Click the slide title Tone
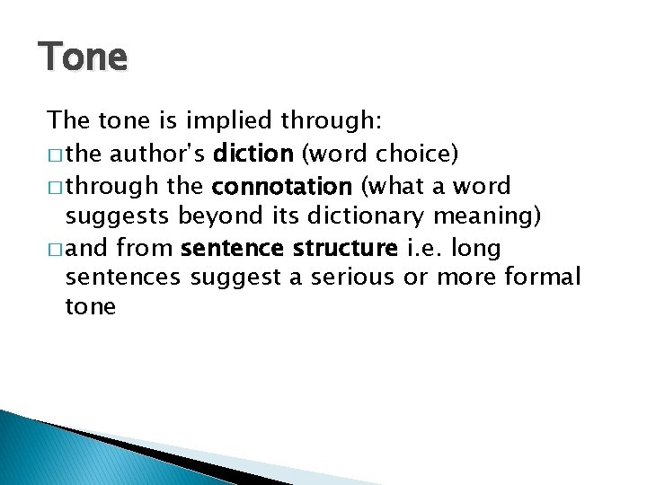point(84,57)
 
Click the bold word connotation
point(280,187)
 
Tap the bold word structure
point(344,247)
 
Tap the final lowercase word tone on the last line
point(91,307)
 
